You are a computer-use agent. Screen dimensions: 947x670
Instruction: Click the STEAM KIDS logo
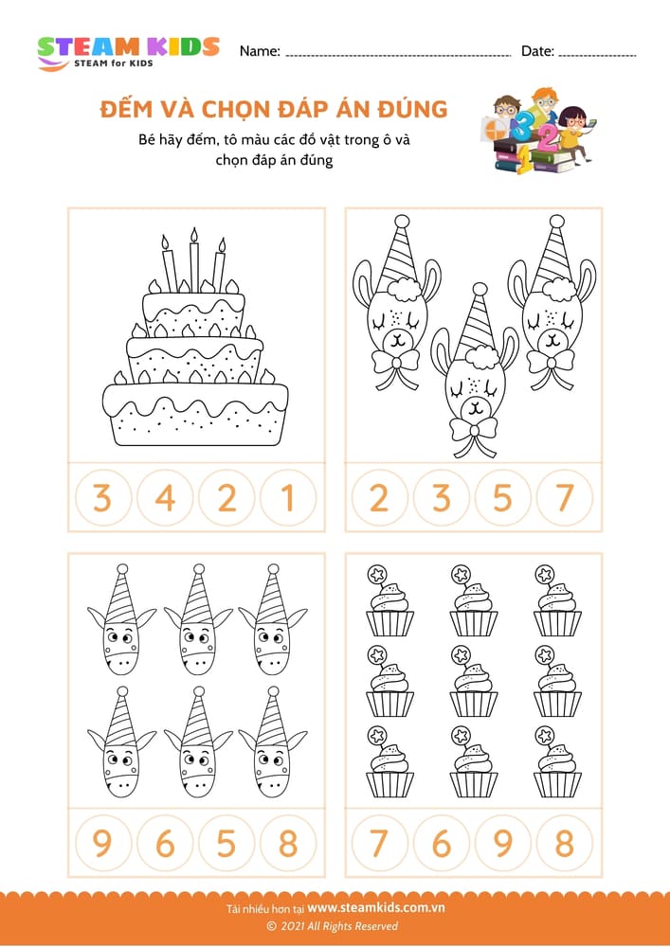pyautogui.click(x=128, y=51)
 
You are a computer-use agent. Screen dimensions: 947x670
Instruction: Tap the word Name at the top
pyautogui.click(x=260, y=51)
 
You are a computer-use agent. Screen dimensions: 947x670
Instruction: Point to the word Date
pyautogui.click(x=537, y=51)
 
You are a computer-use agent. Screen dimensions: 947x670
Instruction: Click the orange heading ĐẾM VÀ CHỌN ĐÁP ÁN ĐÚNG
pyautogui.click(x=274, y=110)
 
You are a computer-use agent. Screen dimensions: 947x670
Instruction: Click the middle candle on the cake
pyautogui.click(x=194, y=259)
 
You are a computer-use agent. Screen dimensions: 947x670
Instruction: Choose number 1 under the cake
pyautogui.click(x=289, y=497)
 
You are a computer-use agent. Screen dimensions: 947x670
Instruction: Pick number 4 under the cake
pyautogui.click(x=165, y=497)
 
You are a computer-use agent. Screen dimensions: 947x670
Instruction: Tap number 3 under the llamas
pyautogui.click(x=441, y=497)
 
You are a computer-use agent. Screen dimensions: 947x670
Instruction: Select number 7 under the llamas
pyautogui.click(x=565, y=497)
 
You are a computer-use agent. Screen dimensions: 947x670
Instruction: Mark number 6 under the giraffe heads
pyautogui.click(x=165, y=842)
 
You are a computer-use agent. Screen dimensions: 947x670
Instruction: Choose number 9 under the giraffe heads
pyautogui.click(x=102, y=842)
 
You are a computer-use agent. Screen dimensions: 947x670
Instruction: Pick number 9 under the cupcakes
pyautogui.click(x=503, y=842)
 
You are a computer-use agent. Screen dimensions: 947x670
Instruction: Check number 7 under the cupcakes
pyautogui.click(x=379, y=842)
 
